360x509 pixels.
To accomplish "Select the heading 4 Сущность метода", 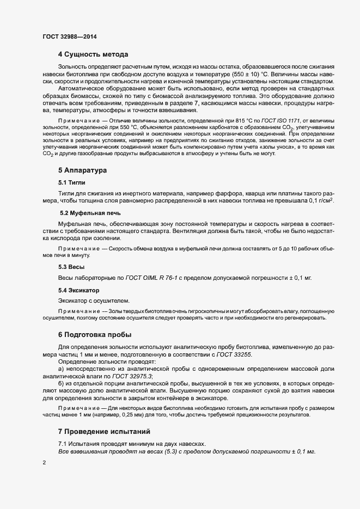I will click(x=93, y=54).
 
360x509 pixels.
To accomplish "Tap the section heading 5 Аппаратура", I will click(x=82, y=170).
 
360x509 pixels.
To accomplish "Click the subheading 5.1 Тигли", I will click(x=71, y=182).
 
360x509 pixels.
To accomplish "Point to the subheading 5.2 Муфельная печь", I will click(x=86, y=213).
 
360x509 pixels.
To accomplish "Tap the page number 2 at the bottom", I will click(x=44, y=462).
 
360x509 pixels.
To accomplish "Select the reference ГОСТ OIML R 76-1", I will click(x=151, y=278).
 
